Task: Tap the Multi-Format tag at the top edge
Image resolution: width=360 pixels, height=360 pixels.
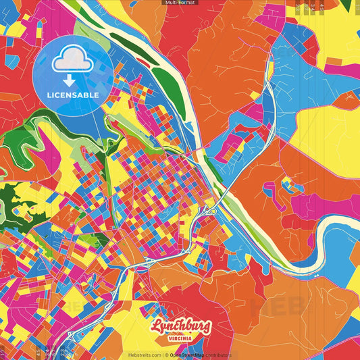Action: coord(180,3)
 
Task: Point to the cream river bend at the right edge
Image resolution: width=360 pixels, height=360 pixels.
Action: coord(341,230)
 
